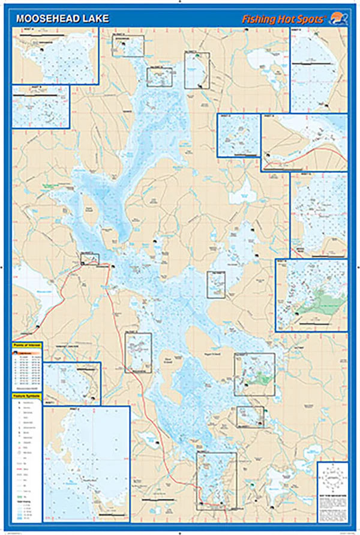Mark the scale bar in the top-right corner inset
319,62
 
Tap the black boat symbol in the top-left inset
42,50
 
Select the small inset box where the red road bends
89,258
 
